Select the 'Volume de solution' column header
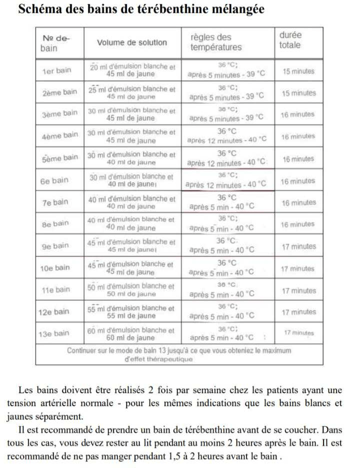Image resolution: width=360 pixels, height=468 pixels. pos(132,42)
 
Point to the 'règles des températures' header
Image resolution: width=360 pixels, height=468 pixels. pos(215,42)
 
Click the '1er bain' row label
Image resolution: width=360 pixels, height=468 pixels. pos(56,70)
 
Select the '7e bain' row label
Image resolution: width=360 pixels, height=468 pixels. pos(54,202)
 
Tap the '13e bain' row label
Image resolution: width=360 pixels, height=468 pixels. pos(55,333)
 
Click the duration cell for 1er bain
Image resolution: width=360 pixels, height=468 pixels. pos(298,71)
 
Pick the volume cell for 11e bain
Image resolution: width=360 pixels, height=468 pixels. pos(132,290)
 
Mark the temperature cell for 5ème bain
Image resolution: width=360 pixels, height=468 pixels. pos(226,158)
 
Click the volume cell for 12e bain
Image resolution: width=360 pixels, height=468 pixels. pos(132,312)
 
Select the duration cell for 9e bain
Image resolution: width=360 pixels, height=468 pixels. pos(298,246)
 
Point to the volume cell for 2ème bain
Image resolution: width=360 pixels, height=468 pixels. pos(132,93)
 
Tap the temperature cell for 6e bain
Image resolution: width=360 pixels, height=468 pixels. pos(226,180)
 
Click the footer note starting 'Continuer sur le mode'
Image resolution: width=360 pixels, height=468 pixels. pos(179,355)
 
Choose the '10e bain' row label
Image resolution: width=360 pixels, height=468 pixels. pos(55,268)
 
